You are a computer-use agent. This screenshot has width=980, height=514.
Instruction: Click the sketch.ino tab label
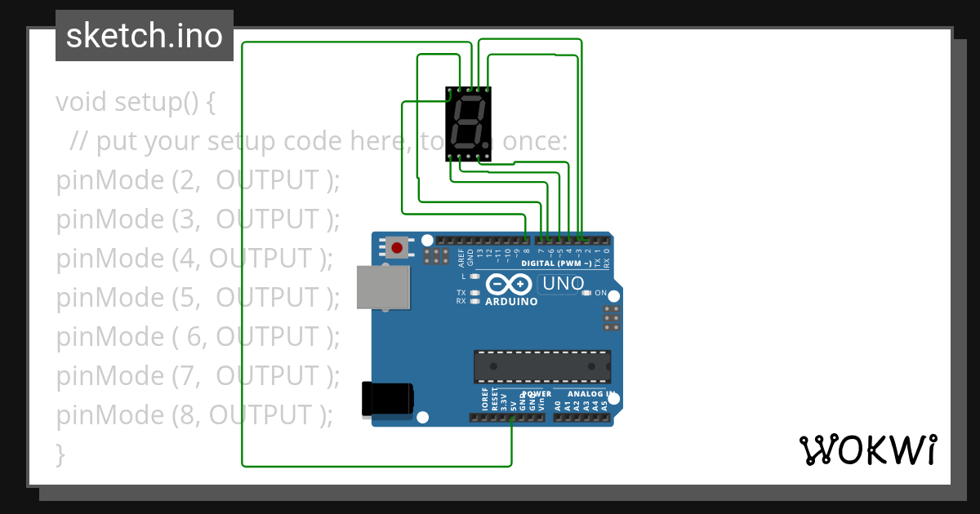[145, 36]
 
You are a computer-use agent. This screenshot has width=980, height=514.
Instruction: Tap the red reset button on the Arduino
[398, 247]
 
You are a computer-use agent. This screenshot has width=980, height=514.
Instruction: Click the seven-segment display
[468, 124]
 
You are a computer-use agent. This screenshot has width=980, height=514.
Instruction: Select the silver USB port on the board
[383, 287]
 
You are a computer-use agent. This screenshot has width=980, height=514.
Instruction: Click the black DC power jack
[388, 400]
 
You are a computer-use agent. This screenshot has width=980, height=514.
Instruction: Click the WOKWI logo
[867, 450]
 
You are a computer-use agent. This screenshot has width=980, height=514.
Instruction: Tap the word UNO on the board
[564, 284]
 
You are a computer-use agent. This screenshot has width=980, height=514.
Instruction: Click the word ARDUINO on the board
[512, 302]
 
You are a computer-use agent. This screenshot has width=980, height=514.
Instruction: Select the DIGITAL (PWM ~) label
[557, 264]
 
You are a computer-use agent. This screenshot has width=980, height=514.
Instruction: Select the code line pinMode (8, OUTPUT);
[194, 415]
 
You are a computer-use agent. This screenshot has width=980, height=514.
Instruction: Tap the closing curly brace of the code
[60, 454]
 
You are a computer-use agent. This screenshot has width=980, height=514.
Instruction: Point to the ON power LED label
[600, 293]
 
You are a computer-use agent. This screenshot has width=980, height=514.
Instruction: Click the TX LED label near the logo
[461, 292]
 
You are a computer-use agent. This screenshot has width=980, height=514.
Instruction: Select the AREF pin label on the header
[461, 259]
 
